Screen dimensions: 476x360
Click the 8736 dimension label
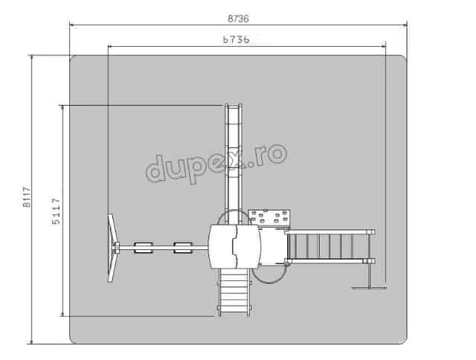pyautogui.click(x=238, y=19)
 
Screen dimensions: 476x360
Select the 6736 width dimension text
pyautogui.click(x=237, y=39)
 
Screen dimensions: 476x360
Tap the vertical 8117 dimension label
pyautogui.click(x=27, y=196)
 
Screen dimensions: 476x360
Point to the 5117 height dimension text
pyautogui.click(x=56, y=211)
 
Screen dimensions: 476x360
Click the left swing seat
pyautogui.click(x=144, y=248)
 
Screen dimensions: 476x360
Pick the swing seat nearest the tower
pyautogui.click(x=183, y=248)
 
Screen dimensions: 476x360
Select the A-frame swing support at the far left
pyautogui.click(x=113, y=248)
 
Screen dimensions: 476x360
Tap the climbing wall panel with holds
pyautogui.click(x=269, y=217)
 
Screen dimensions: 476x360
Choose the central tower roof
pyautogui.click(x=234, y=246)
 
